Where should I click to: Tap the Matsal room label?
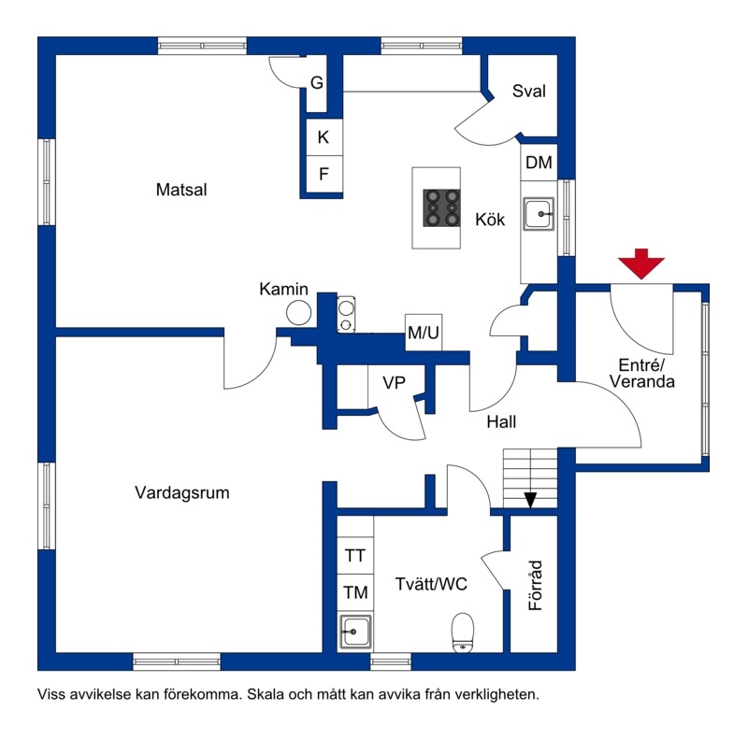pyautogui.click(x=181, y=190)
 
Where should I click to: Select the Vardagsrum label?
pyautogui.click(x=181, y=492)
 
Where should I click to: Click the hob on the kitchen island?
pyautogui.click(x=441, y=207)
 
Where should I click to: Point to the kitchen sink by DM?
pyautogui.click(x=539, y=214)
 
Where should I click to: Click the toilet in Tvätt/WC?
pyautogui.click(x=463, y=632)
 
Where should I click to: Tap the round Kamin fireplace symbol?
pyautogui.click(x=298, y=313)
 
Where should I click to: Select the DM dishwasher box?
pyautogui.click(x=539, y=163)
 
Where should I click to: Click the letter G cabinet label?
pyautogui.click(x=317, y=83)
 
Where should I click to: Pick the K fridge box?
pyautogui.click(x=324, y=137)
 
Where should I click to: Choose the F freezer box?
pyautogui.click(x=324, y=174)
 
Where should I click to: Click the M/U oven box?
pyautogui.click(x=424, y=333)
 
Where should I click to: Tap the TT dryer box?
pyautogui.click(x=355, y=556)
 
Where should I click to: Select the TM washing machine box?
pyautogui.click(x=355, y=592)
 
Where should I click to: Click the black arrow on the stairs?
pyautogui.click(x=530, y=500)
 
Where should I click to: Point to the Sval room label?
pyautogui.click(x=528, y=91)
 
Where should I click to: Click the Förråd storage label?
pyautogui.click(x=536, y=586)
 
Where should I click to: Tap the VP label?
pyautogui.click(x=394, y=382)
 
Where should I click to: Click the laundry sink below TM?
pyautogui.click(x=355, y=632)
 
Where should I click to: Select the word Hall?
pyautogui.click(x=501, y=422)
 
